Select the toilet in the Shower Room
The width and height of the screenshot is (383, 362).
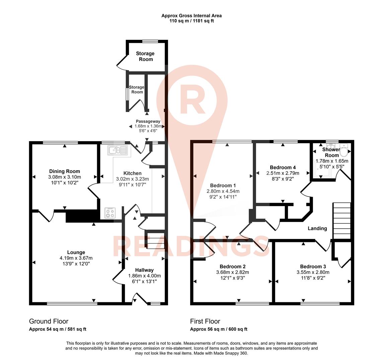point(343,150)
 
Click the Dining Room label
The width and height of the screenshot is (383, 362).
point(65,171)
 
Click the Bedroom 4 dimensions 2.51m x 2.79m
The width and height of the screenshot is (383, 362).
point(283,173)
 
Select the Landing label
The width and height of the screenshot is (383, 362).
point(317,229)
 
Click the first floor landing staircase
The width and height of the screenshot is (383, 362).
point(341,221)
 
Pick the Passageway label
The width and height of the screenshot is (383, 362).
point(148,121)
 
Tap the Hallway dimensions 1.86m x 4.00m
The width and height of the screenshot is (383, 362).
point(144,276)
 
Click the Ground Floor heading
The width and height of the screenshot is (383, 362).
point(49,321)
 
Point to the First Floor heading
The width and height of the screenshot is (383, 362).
point(205,321)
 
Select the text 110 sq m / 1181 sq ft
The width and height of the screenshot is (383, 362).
point(191,21)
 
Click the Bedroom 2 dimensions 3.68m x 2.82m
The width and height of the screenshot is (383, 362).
point(233,272)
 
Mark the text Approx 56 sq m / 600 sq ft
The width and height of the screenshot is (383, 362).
point(219,329)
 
